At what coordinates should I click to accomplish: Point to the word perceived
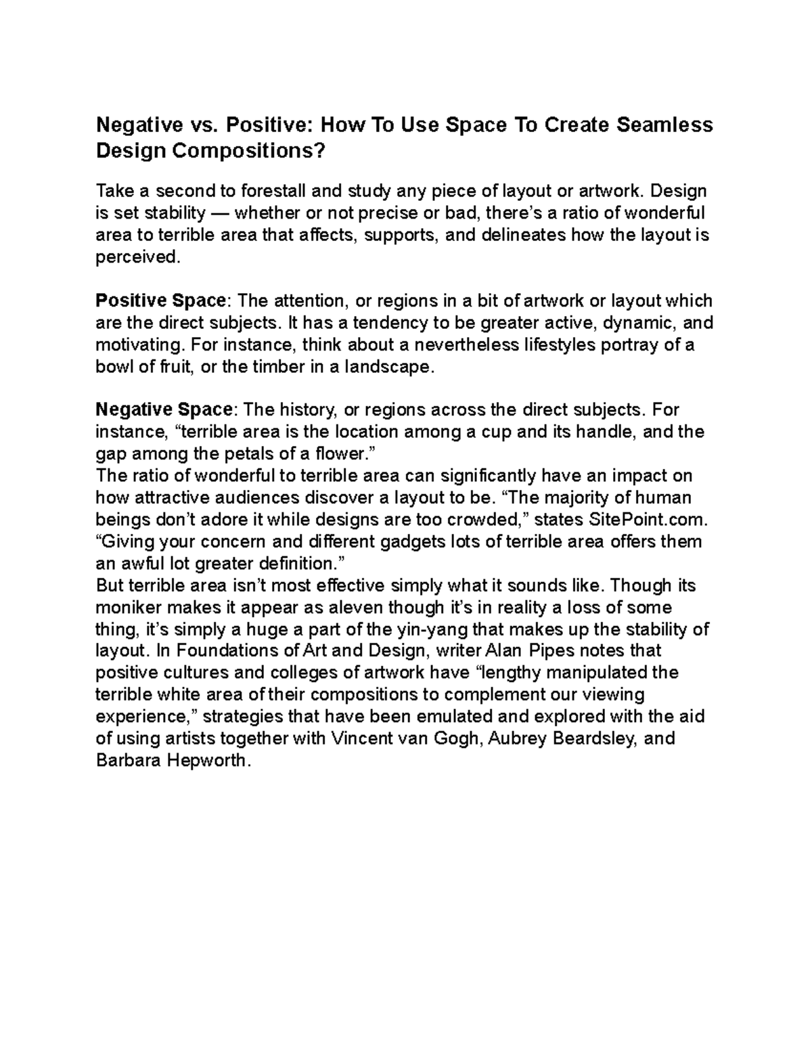pyautogui.click(x=138, y=257)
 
